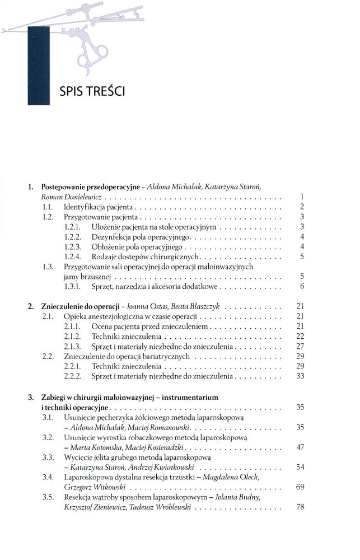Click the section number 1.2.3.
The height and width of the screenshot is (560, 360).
(73, 247)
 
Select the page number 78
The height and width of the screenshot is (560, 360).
(300, 507)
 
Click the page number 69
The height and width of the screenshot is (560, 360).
(300, 487)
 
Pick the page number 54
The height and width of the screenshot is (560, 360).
(300, 467)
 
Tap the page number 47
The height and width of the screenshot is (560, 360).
(300, 447)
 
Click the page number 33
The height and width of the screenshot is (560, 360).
(300, 376)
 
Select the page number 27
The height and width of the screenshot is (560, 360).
(300, 346)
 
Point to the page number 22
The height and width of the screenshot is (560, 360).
(300, 336)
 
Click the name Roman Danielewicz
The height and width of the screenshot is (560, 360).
(71, 197)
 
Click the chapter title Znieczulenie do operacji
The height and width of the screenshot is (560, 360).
(82, 306)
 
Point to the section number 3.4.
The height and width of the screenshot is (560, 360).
(48, 477)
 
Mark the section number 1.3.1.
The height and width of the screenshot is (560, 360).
(73, 287)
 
